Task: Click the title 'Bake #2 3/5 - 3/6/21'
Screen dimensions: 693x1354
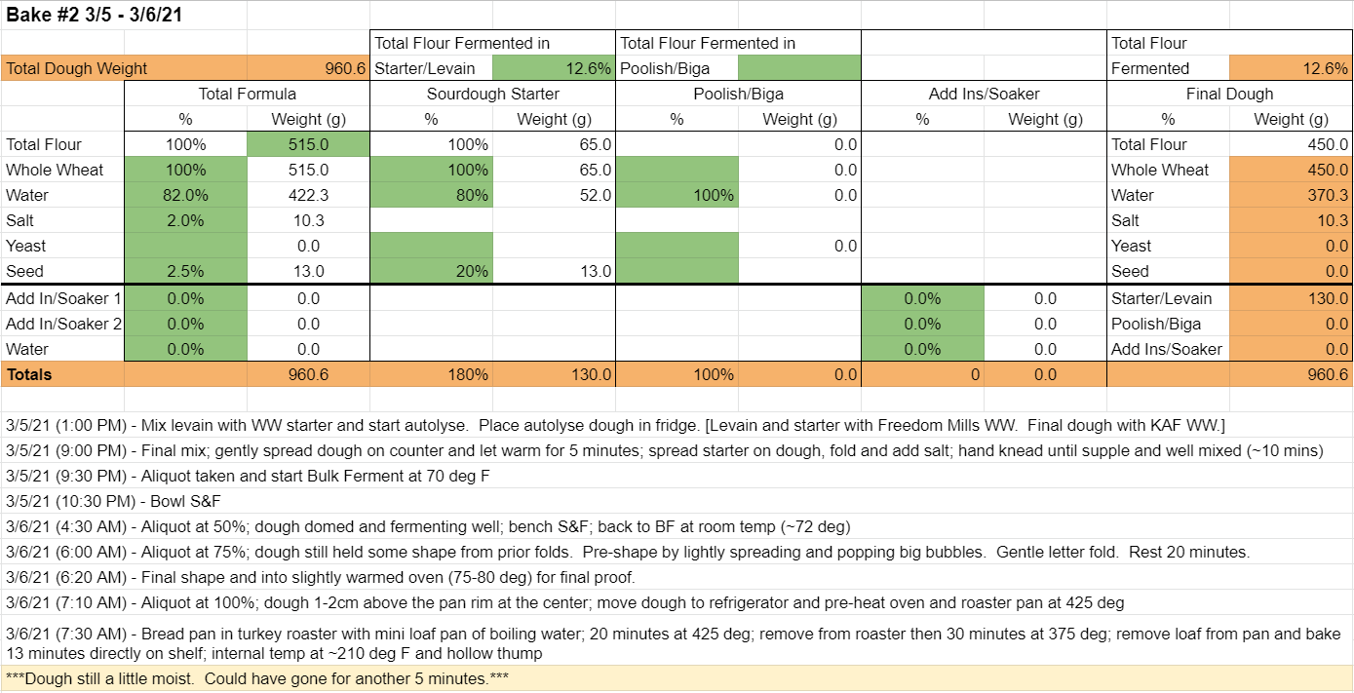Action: tap(94, 15)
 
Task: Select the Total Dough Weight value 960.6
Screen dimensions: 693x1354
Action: tap(345, 68)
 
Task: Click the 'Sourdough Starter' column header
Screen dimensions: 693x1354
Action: tap(493, 94)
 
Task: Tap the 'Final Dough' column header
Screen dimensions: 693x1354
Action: tap(1229, 94)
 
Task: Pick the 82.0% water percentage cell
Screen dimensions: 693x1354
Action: tap(185, 195)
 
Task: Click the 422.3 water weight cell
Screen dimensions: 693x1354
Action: tap(308, 195)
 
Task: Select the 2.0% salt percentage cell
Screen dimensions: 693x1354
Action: tap(185, 220)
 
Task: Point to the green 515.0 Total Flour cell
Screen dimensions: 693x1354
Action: tap(308, 144)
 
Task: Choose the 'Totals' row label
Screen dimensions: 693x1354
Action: tap(29, 374)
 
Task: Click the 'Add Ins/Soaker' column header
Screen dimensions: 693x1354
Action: tap(984, 94)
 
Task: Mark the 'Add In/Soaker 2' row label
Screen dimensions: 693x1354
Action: tap(63, 324)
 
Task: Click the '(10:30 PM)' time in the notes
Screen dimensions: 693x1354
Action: tap(98, 501)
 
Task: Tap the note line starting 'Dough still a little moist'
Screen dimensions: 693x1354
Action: tap(257, 678)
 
